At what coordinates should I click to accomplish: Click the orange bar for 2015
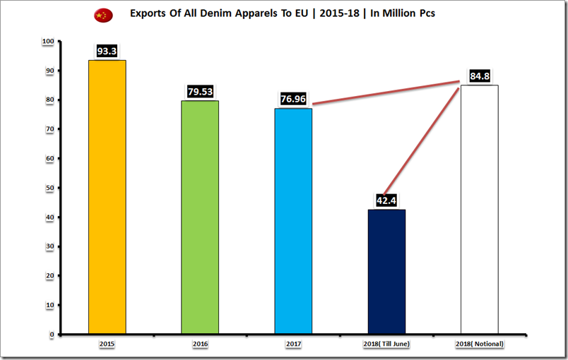click(x=107, y=197)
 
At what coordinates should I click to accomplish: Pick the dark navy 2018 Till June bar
click(x=386, y=271)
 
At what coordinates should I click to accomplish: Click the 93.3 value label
click(x=107, y=52)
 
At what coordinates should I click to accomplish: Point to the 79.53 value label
click(x=200, y=92)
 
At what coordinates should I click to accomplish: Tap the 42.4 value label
click(x=386, y=200)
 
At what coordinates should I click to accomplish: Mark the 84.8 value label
click(x=479, y=76)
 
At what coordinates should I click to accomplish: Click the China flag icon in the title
click(x=102, y=15)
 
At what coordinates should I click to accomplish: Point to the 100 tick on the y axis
click(x=48, y=42)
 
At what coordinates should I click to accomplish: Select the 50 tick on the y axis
click(x=49, y=188)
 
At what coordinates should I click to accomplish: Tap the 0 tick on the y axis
click(x=52, y=334)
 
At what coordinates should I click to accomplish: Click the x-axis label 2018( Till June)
click(x=386, y=343)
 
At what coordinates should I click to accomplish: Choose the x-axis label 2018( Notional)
click(x=479, y=343)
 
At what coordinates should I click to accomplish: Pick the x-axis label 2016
click(x=200, y=343)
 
